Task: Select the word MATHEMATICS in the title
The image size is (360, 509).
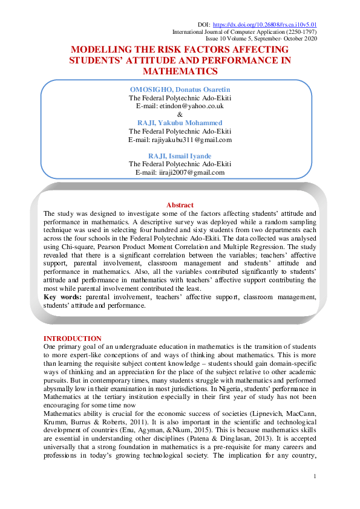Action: pyautogui.click(x=179, y=71)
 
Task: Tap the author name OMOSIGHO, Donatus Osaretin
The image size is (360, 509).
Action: pyautogui.click(x=179, y=89)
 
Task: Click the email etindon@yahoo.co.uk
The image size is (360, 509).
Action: pyautogui.click(x=180, y=106)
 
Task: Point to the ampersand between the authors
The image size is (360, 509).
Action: pyautogui.click(x=179, y=114)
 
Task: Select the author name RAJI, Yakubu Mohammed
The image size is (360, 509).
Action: pyautogui.click(x=179, y=122)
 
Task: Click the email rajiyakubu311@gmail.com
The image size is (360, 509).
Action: pyautogui.click(x=180, y=140)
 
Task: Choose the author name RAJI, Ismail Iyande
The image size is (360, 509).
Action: pyautogui.click(x=179, y=156)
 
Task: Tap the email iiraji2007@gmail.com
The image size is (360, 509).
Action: pyautogui.click(x=180, y=172)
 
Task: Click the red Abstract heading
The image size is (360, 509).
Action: pyautogui.click(x=180, y=205)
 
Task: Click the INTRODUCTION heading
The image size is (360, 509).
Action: pyautogui.click(x=73, y=338)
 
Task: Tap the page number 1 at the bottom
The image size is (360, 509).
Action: pyautogui.click(x=315, y=478)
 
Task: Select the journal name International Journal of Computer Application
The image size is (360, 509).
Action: pyautogui.click(x=236, y=31)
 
